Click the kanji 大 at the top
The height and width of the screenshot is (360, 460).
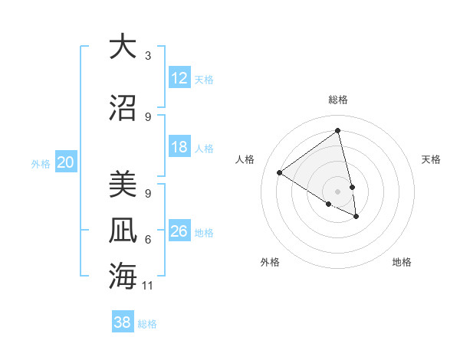point(122,47)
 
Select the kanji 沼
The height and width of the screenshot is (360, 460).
point(122,108)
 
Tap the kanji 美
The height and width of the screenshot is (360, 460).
point(122,185)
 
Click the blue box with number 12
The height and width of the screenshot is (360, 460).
point(179,78)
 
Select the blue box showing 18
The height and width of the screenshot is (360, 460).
point(179,147)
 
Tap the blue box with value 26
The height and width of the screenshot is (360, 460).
point(179,231)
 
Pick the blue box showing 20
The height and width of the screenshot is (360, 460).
point(66,162)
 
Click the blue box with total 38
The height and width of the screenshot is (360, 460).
point(122,322)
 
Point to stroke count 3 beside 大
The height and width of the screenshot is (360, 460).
point(148,56)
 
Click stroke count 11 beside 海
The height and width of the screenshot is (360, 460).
point(148,286)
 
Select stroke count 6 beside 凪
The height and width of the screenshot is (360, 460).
point(148,240)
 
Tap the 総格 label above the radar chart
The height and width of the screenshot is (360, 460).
point(338,100)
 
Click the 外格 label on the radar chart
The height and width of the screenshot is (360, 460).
point(270,262)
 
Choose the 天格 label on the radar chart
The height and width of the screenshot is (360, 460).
point(431,159)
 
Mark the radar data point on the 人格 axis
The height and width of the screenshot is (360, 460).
point(279,172)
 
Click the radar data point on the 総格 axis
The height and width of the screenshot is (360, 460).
point(338,129)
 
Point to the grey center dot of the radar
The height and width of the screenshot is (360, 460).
point(338,191)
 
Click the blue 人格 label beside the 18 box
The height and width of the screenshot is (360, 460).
point(204,148)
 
